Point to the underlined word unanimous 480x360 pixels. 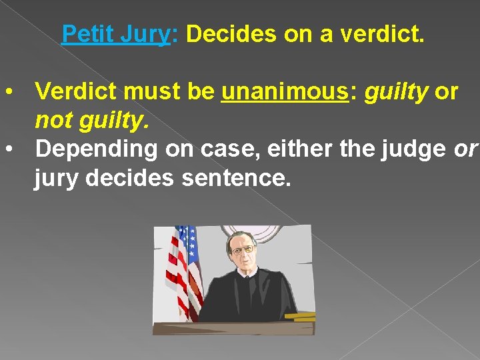284,91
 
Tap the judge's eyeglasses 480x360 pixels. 243,250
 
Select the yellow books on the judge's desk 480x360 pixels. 299,316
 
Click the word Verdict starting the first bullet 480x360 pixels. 73,91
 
